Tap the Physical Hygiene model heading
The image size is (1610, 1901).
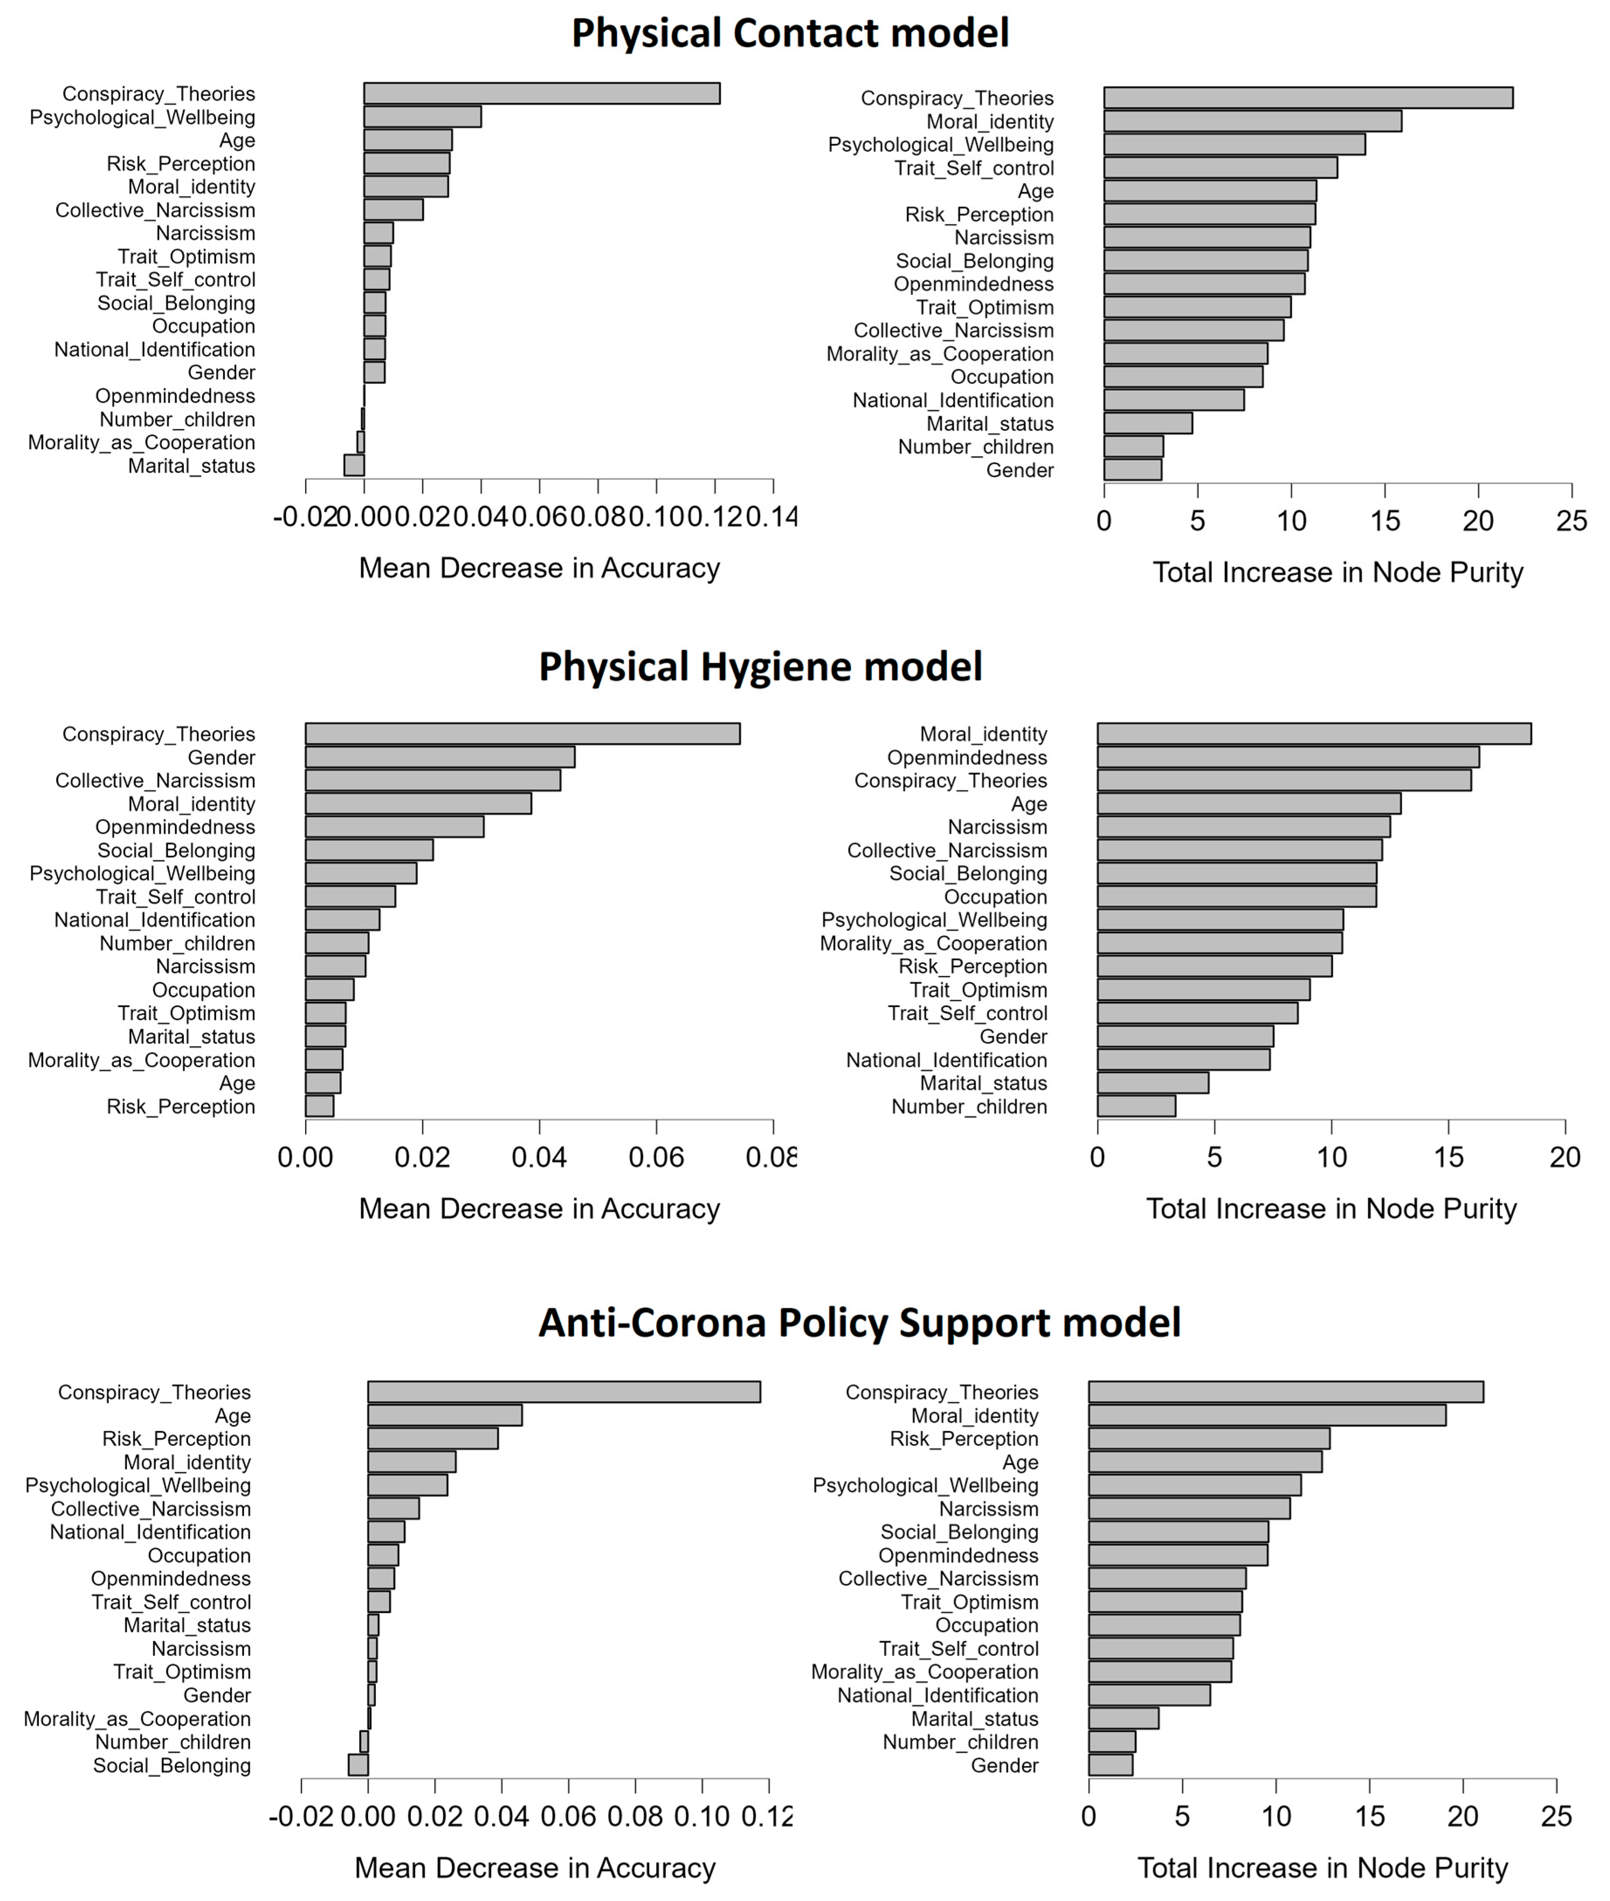point(760,667)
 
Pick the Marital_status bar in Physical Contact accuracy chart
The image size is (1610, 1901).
point(354,465)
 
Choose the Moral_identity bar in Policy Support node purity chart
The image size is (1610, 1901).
point(1267,1416)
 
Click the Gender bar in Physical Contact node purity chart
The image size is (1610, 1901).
point(1133,470)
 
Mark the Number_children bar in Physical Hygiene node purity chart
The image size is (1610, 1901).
point(1136,1106)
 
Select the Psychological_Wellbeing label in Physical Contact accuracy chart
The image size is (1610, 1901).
point(142,118)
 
